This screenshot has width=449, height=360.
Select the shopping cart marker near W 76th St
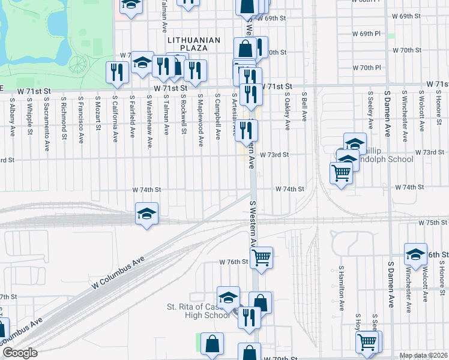[x=261, y=257]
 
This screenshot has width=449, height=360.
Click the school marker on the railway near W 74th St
[x=146, y=214]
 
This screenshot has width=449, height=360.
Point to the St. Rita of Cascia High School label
[x=198, y=311]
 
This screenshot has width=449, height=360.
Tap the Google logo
[x=19, y=353]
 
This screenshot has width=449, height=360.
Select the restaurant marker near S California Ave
[x=114, y=73]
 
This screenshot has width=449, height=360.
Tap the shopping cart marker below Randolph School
[x=342, y=173]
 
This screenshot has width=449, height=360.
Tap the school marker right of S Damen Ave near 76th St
[x=415, y=254]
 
